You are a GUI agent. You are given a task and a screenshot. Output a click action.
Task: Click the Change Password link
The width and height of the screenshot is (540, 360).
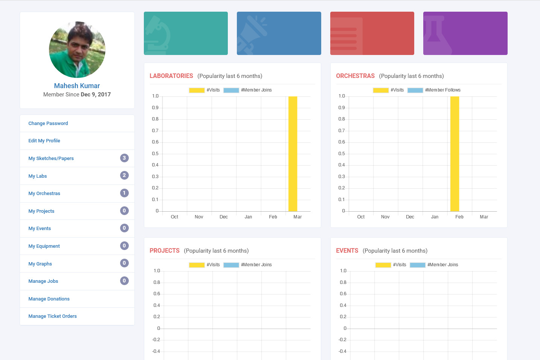[x=48, y=123]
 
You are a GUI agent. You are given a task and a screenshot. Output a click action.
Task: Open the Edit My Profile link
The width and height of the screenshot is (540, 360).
[x=44, y=140]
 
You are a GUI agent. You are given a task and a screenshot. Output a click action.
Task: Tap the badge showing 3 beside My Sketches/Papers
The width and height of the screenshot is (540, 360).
[x=124, y=158]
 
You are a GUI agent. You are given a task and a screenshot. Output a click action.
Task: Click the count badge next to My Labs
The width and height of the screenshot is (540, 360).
[x=124, y=175]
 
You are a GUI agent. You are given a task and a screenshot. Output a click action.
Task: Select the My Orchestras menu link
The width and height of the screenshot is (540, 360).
[x=44, y=194]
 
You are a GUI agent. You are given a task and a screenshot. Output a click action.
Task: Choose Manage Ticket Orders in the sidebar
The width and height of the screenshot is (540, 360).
[x=53, y=316]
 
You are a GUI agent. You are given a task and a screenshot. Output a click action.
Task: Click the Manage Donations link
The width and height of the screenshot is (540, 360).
[x=49, y=299]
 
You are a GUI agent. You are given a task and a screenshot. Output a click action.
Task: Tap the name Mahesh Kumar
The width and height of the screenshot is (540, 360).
[x=77, y=85]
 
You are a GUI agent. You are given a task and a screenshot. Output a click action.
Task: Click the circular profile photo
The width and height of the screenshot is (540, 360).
[x=77, y=49]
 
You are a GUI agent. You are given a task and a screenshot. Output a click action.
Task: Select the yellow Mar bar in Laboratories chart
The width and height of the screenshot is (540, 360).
[x=293, y=154]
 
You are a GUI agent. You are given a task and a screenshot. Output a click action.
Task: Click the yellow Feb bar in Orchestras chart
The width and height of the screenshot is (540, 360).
[x=455, y=154]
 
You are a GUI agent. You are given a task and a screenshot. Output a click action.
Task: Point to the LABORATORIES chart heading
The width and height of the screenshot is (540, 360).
[x=171, y=76]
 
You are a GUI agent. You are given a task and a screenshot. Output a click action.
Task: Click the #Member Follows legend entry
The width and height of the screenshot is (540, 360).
[x=434, y=90]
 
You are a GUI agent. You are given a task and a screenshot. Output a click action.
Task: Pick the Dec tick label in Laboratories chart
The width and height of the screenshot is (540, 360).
[x=223, y=217]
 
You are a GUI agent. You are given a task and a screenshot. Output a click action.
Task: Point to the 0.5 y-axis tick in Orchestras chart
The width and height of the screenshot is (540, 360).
[x=341, y=154]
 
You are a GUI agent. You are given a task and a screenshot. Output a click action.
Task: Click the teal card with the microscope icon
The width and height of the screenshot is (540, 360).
[x=186, y=33]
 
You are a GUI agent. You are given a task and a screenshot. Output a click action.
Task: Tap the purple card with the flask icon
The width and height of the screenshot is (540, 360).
[x=465, y=33]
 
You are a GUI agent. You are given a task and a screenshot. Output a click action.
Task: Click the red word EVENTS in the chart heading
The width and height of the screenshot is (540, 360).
[x=347, y=251]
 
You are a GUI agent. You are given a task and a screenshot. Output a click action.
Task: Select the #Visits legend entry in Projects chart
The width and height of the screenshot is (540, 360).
[x=204, y=265]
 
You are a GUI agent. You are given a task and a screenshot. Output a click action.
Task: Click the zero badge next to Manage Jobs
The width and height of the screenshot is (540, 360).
[x=124, y=281]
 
